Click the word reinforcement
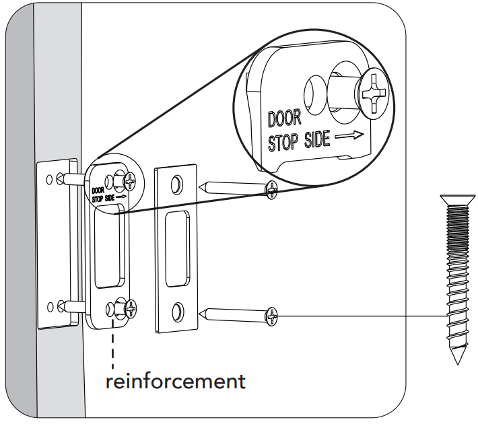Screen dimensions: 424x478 (x=175, y=381)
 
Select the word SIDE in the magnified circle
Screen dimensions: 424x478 (x=316, y=139)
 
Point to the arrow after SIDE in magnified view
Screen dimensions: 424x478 (x=350, y=135)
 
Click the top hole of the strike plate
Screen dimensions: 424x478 (x=176, y=183)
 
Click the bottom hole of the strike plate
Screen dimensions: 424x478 (x=176, y=311)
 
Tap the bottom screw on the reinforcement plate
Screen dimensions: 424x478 (x=131, y=309)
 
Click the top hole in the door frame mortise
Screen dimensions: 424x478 (x=50, y=180)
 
